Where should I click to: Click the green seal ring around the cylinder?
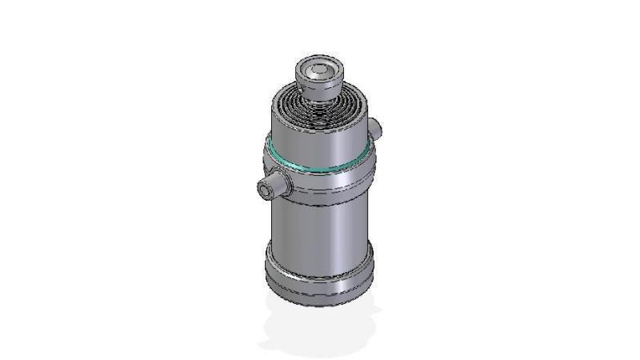(320, 169)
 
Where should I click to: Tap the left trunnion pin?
(276, 186)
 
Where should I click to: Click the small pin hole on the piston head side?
(305, 82)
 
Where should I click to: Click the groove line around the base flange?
(320, 280)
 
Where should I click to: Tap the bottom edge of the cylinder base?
(320, 302)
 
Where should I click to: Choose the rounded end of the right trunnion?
(378, 126)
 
